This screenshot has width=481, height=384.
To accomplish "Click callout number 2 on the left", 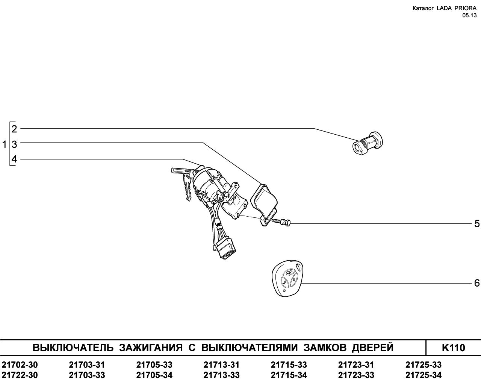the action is coord(14,129).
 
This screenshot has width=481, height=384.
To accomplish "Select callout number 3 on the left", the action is coord(14,144).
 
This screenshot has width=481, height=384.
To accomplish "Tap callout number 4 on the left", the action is coord(14,159).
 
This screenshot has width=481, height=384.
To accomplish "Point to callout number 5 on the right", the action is coord(477,224).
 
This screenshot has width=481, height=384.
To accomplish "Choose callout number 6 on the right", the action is coord(477,283).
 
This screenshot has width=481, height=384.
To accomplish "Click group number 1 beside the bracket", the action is coord(5,144).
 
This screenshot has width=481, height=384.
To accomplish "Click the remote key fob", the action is coord(287,278).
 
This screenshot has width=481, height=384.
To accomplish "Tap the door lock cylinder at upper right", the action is coord(368,143).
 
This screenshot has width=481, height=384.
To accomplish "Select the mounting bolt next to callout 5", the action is coord(281,222).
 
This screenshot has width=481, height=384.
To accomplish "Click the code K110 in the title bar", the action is coord(453,348).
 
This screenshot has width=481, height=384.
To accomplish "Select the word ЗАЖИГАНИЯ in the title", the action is coord(151,348).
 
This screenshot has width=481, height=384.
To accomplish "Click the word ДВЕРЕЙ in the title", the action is coord(373,348).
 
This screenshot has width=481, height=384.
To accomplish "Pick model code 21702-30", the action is coord(20,365).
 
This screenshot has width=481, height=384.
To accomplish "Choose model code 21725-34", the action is coord(424,375).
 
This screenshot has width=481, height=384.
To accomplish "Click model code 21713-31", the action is coord(221,365).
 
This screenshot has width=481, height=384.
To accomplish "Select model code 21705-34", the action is coord(154,375).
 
